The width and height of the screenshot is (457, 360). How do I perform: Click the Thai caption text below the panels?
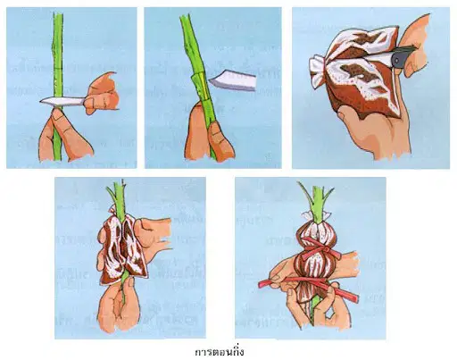(x=220, y=351)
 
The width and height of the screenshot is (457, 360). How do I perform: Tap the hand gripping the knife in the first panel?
(x=101, y=94)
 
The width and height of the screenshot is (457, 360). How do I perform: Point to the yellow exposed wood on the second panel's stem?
(x=203, y=85)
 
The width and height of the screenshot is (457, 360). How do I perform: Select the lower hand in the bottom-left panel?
(x=119, y=306)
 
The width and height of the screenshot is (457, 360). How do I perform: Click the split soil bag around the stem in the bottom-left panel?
(x=121, y=248)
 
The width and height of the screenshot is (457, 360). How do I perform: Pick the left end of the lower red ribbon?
(x=260, y=284)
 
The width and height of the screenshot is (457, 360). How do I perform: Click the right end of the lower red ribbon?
(x=356, y=298)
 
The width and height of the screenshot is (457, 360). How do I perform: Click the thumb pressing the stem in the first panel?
(x=60, y=119)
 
